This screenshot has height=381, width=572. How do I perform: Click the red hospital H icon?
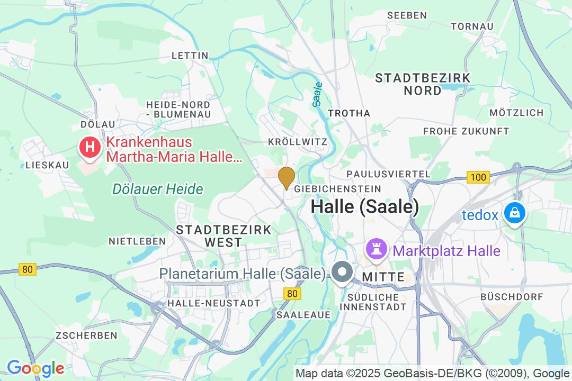tap(90, 147)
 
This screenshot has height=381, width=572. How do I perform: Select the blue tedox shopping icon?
tap(513, 214)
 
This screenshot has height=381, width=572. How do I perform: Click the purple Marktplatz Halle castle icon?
tap(377, 250)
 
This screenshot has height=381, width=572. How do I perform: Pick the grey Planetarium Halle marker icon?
tap(342, 273)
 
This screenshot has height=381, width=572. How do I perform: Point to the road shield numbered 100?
tap(478, 177)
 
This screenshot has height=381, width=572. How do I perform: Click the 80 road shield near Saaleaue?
tap(291, 294)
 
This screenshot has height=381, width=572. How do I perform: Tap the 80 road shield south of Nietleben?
tap(28, 269)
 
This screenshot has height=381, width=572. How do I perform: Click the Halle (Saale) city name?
tap(365, 206)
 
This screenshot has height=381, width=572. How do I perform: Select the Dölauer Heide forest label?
tap(157, 189)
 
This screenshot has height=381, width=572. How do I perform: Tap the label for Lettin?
tap(190, 56)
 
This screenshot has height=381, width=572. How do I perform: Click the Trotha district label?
tap(349, 113)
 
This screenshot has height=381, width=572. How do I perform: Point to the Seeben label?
tap(407, 15)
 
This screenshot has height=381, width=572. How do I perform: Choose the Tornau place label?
tap(472, 26)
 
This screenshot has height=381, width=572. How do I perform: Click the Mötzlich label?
tap(516, 113)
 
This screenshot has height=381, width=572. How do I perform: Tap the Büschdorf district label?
tap(512, 297)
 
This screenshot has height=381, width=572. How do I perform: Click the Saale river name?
tap(318, 94)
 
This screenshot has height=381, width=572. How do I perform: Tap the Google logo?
tap(35, 368)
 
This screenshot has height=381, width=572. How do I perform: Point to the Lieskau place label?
tap(47, 165)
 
